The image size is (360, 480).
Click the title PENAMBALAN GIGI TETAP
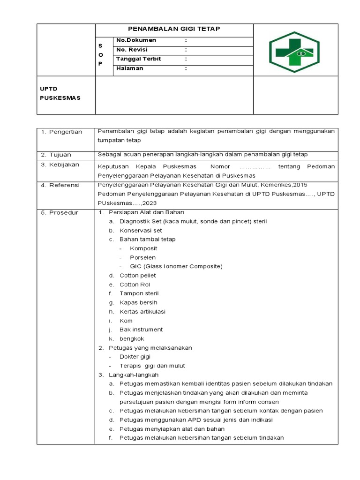(174, 30)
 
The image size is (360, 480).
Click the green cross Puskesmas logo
(294, 52)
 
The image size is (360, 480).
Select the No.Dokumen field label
(136, 40)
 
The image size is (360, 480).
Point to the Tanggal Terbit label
(138, 59)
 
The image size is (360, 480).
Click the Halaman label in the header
(130, 68)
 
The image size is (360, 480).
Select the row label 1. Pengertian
(61, 132)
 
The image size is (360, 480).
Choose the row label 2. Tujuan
(56, 155)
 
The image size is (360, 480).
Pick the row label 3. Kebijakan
(60, 165)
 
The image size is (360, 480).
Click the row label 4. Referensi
(60, 186)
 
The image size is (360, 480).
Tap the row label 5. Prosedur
(60, 213)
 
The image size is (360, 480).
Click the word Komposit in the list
(143, 248)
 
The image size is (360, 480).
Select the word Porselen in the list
(143, 257)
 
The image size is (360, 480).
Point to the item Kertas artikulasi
(142, 312)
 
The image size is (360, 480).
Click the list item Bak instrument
(141, 330)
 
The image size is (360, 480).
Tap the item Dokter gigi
(135, 357)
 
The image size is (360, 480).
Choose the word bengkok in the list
(132, 339)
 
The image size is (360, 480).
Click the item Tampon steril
(139, 293)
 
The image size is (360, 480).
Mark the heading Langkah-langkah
(134, 375)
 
